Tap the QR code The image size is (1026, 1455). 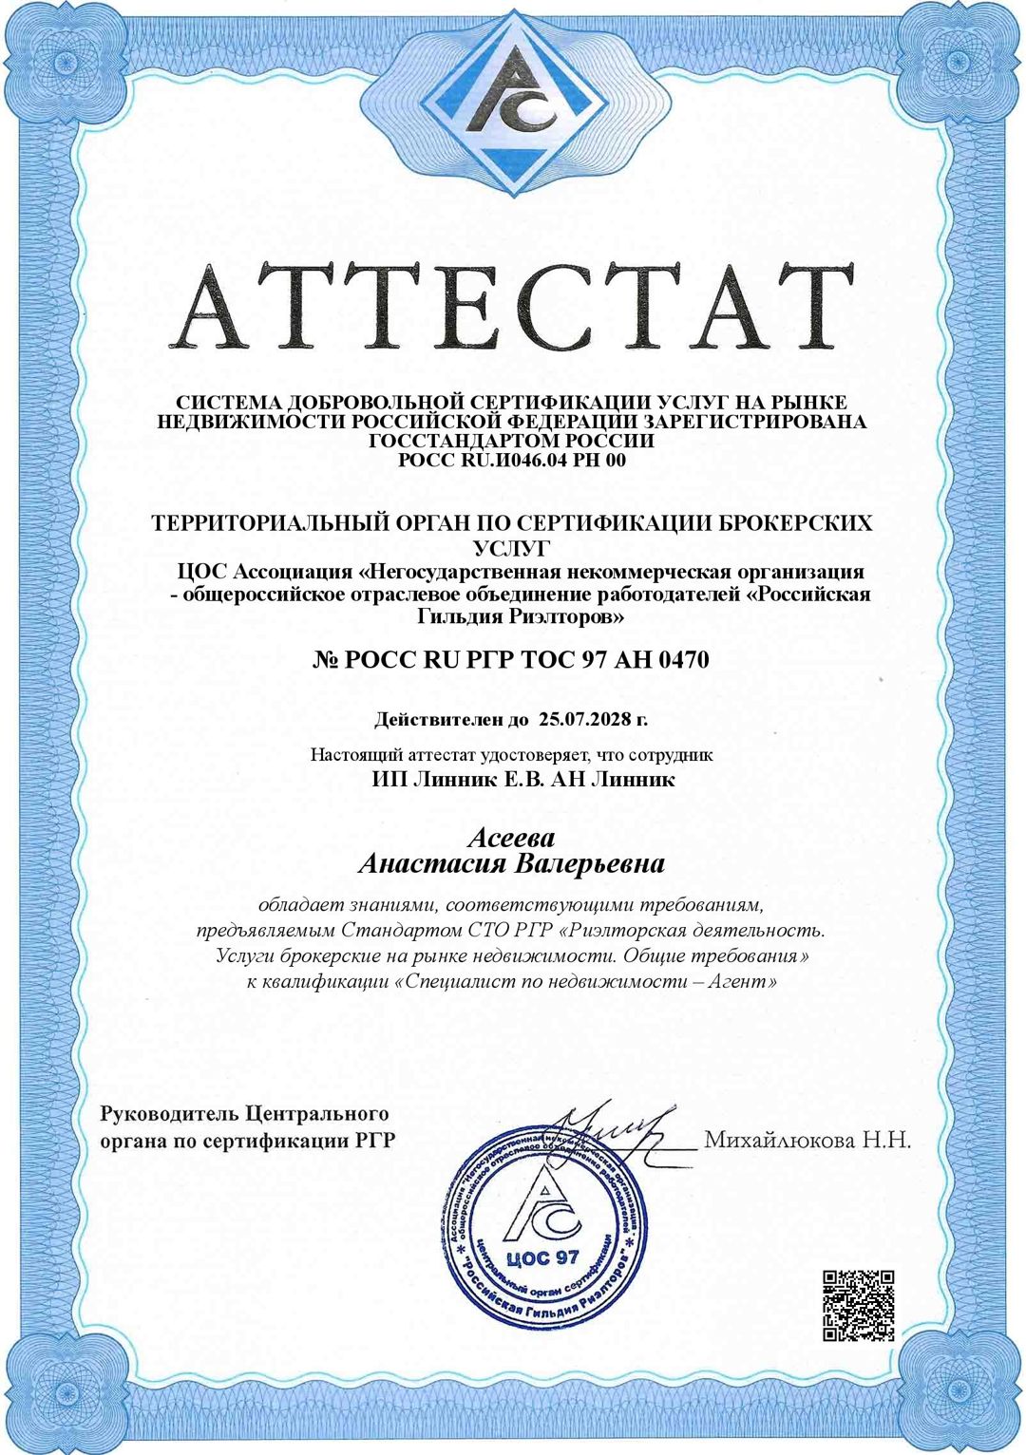pyautogui.click(x=858, y=1305)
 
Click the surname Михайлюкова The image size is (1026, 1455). pyautogui.click(x=778, y=1140)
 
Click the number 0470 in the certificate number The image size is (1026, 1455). pyautogui.click(x=682, y=659)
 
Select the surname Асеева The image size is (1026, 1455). pyautogui.click(x=511, y=838)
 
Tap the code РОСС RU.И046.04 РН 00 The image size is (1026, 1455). pyautogui.click(x=512, y=461)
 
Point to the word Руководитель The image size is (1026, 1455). pyautogui.click(x=169, y=1113)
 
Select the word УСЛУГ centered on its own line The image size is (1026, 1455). pyautogui.click(x=512, y=547)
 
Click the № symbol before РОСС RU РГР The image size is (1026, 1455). pyautogui.click(x=326, y=659)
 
